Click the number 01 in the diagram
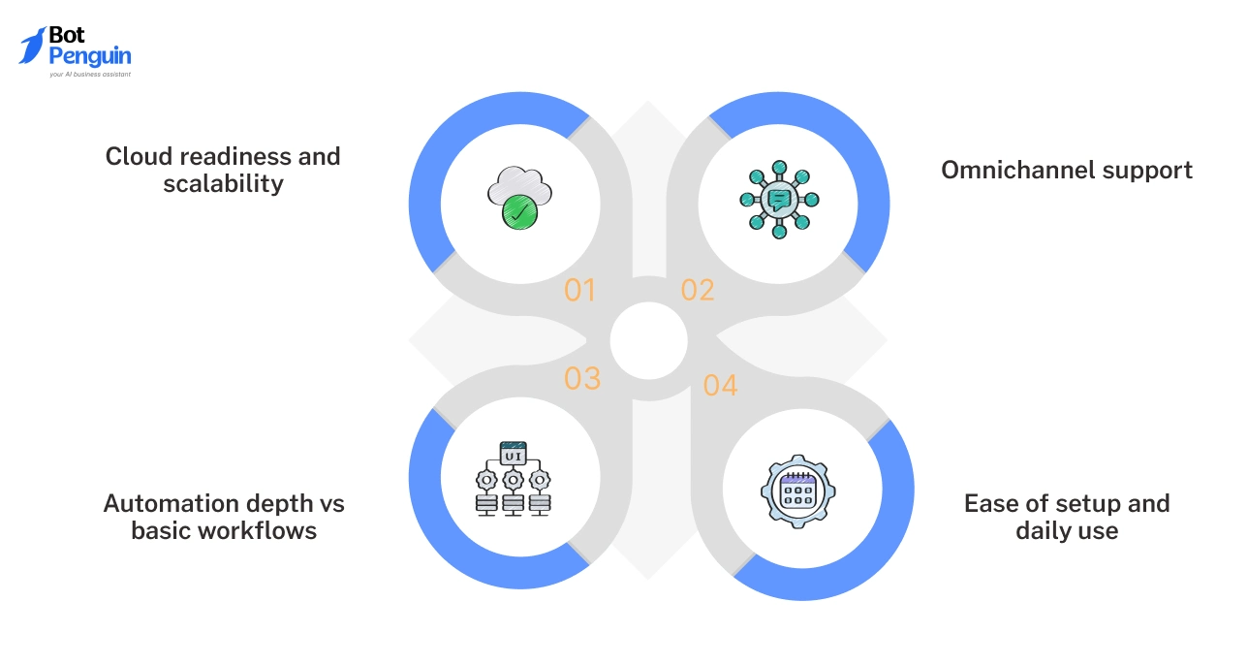coord(579,290)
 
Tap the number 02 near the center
coord(698,290)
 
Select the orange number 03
coord(582,378)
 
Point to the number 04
coord(720,386)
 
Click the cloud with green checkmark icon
coord(519,198)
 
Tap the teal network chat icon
coord(778,199)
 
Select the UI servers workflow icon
coord(513,478)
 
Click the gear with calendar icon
coord(797,491)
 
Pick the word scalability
coord(223,184)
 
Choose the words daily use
coord(1067,531)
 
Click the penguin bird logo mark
coord(32,46)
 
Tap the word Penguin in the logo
coord(90,57)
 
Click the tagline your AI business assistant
coord(90,74)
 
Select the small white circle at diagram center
coord(648,339)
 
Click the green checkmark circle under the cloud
coord(521,210)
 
